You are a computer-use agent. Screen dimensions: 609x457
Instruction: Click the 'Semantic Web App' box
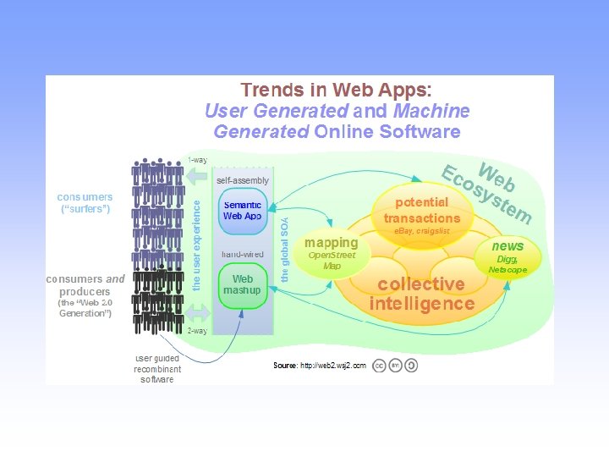coord(243,211)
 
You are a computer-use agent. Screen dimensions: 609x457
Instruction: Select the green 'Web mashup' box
coord(243,285)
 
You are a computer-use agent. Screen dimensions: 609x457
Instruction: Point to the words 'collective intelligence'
coord(421,294)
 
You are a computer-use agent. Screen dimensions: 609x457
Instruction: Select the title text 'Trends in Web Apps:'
coord(336,90)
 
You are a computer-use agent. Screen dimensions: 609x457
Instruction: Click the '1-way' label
coord(197,160)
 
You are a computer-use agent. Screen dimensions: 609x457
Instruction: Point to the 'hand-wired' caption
coord(244,254)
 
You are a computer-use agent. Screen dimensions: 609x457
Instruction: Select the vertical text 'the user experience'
coord(197,245)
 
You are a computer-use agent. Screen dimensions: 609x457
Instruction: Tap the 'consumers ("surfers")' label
coord(85,203)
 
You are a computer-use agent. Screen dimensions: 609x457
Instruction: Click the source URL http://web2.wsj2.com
coord(334,366)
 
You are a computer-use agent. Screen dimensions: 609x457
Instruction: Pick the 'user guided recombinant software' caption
coord(157,369)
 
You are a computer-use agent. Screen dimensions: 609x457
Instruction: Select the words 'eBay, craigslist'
coord(421,231)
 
